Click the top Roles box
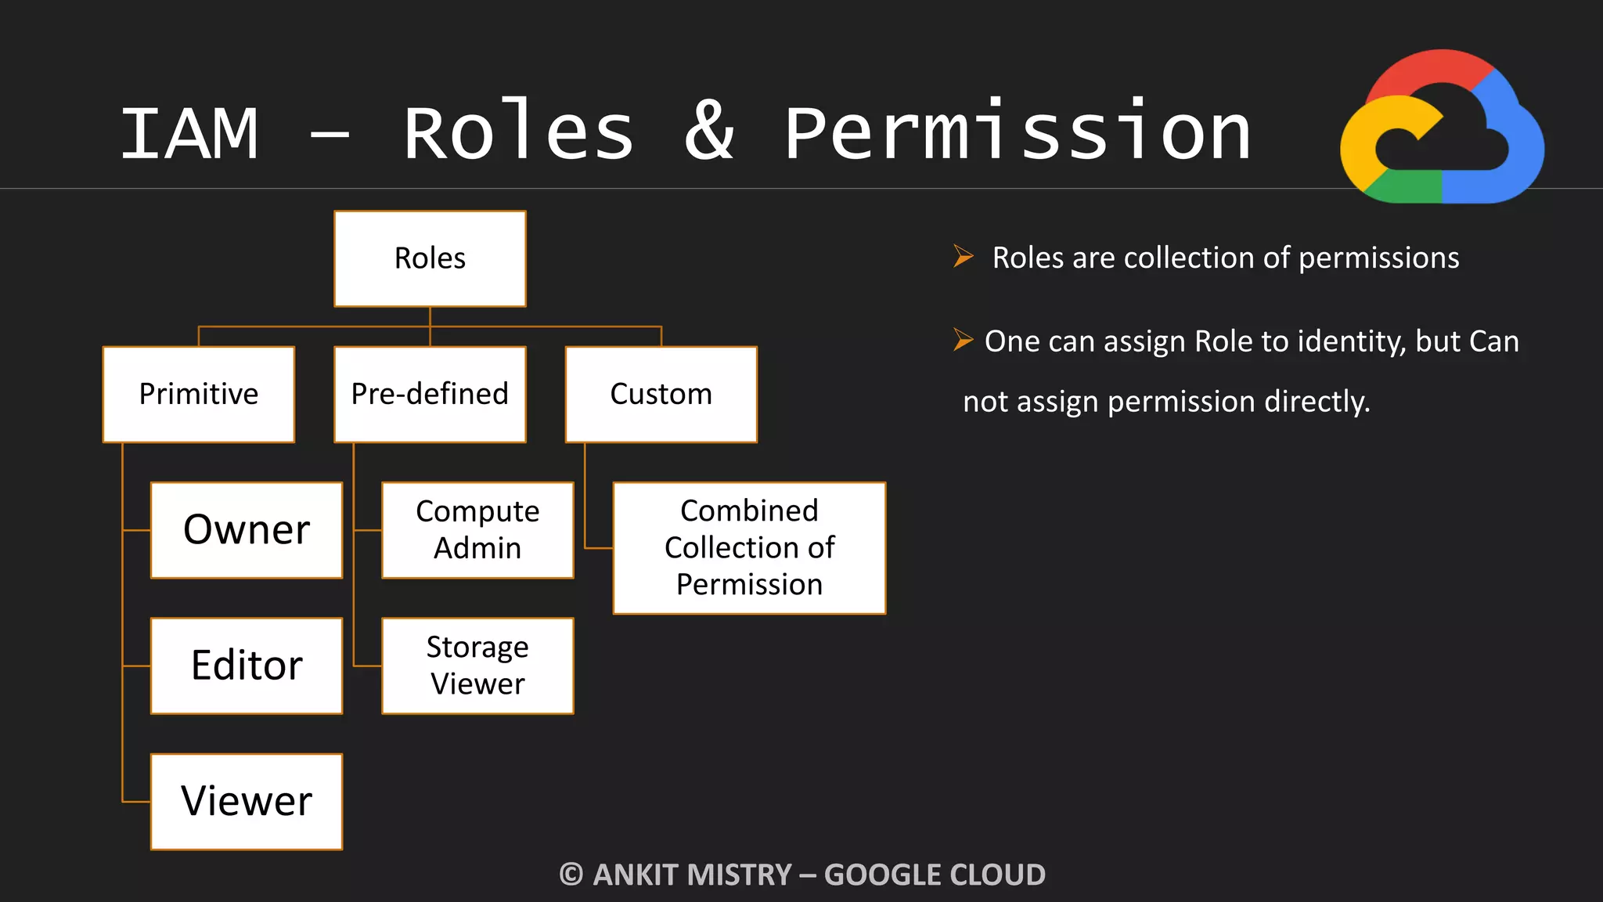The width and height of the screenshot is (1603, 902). pyautogui.click(x=430, y=258)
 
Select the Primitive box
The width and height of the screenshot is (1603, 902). pyautogui.click(x=199, y=394)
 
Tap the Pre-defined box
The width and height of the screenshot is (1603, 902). pyautogui.click(x=430, y=394)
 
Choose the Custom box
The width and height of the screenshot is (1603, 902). pyautogui.click(x=661, y=394)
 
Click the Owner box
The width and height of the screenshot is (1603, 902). pyautogui.click(x=247, y=530)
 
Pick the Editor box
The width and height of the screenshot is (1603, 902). pyautogui.click(x=247, y=666)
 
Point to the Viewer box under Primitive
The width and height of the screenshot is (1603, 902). pyautogui.click(x=247, y=801)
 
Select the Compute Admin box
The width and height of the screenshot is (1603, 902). pyautogui.click(x=477, y=530)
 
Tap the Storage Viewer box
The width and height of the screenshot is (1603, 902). pyautogui.click(x=477, y=666)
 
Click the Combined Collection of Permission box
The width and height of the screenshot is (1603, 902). pyautogui.click(x=749, y=547)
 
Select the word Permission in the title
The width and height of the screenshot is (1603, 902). pyautogui.click(x=1017, y=133)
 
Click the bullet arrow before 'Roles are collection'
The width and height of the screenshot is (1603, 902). pyautogui.click(x=963, y=256)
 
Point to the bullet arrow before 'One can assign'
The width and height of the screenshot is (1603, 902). pyautogui.click(x=963, y=340)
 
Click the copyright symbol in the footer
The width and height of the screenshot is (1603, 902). pyautogui.click(x=571, y=875)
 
